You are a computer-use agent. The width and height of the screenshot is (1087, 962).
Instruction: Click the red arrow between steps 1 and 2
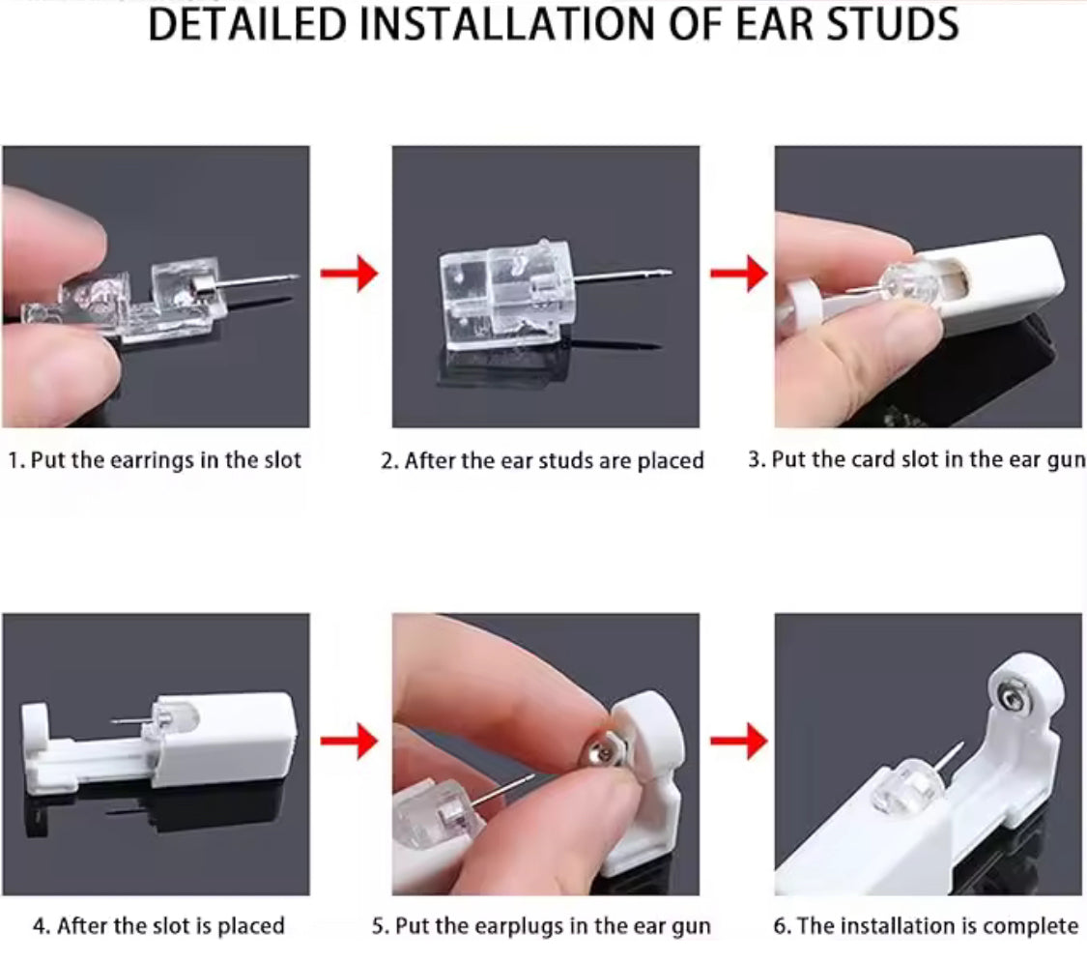click(x=351, y=275)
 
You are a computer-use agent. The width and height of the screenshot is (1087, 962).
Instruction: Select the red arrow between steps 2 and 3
click(x=737, y=275)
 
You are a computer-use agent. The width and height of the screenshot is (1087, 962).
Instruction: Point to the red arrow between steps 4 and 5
click(x=351, y=742)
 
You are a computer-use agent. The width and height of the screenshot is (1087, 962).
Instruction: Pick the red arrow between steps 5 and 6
click(x=737, y=742)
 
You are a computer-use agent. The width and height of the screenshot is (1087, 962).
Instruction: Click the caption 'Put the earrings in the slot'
click(x=155, y=459)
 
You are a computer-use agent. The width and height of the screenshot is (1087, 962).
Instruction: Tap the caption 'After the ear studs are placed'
click(x=542, y=460)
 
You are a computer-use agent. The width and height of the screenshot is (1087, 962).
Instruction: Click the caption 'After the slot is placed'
click(x=159, y=925)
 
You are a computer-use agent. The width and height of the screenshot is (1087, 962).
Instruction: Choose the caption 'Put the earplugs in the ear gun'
click(x=542, y=925)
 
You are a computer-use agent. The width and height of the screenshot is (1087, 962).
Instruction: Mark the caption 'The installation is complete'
click(x=926, y=925)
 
